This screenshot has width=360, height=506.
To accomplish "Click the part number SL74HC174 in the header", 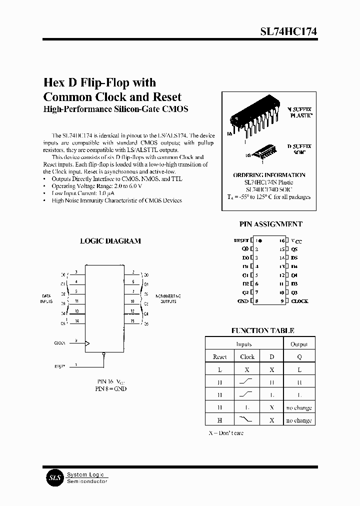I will (288, 31).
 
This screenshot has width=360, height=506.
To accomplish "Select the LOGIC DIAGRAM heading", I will (110, 241).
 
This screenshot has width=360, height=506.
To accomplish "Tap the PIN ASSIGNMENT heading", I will (270, 224).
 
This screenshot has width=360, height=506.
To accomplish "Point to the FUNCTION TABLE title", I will (262, 330).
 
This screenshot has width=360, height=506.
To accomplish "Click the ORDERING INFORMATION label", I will (269, 175).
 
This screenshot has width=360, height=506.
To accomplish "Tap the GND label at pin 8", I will (242, 301).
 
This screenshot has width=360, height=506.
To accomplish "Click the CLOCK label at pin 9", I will (299, 301).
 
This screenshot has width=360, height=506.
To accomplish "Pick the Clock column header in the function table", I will (247, 357).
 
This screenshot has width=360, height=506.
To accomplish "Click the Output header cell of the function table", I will (299, 344).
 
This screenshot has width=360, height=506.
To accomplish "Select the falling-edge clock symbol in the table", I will (247, 419).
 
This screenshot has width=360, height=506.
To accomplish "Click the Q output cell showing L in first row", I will (299, 369).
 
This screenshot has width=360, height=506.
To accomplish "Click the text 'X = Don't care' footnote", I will (226, 433).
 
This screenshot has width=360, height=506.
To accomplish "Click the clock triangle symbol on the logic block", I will (87, 343).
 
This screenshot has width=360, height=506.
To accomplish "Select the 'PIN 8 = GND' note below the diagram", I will (110, 388).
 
